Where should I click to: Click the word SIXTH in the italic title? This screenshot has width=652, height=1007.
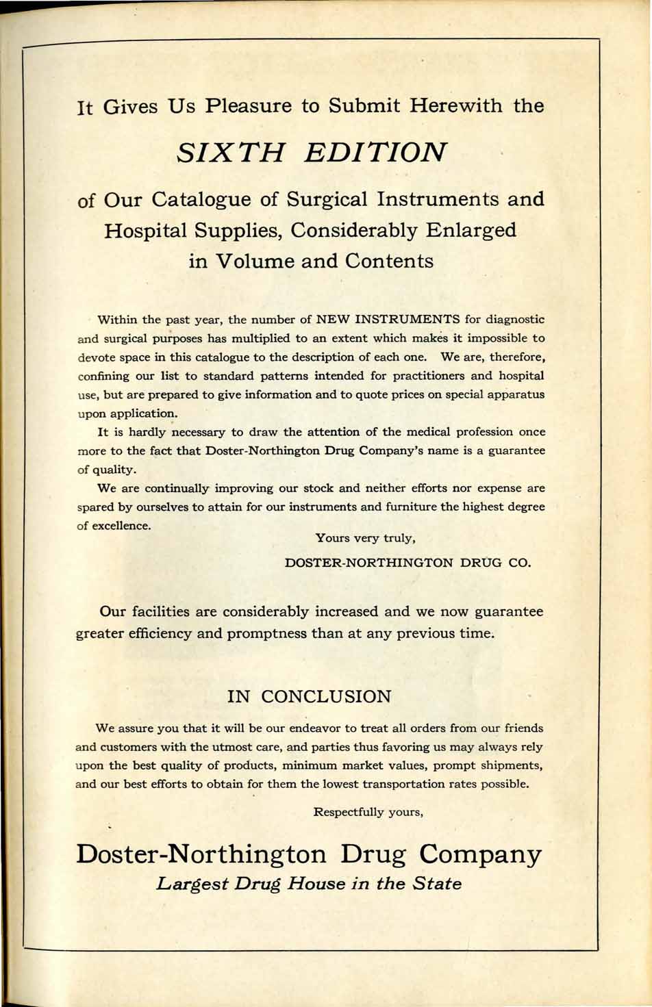(230, 152)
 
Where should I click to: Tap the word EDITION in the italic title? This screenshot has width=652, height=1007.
(376, 152)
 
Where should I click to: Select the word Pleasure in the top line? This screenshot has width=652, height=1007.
(251, 106)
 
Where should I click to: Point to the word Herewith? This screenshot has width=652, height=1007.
(456, 106)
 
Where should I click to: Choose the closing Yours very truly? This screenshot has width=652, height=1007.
(365, 538)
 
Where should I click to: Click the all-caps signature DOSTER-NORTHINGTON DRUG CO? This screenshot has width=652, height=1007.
(407, 563)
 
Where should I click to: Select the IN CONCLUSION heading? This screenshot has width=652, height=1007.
(310, 697)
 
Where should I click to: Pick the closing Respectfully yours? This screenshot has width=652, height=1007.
(368, 812)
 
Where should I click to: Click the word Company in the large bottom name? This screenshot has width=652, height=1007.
(480, 854)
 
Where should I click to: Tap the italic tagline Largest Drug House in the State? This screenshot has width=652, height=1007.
(309, 883)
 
